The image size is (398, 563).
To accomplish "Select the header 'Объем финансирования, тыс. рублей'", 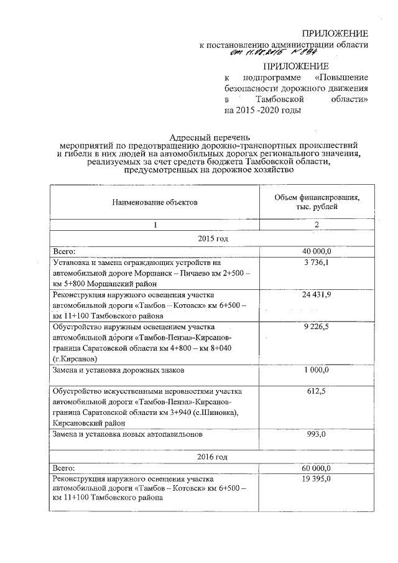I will click(x=317, y=202).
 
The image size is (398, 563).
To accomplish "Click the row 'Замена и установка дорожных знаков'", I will click(x=119, y=371).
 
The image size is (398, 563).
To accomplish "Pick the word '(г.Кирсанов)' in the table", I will click(x=77, y=359).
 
